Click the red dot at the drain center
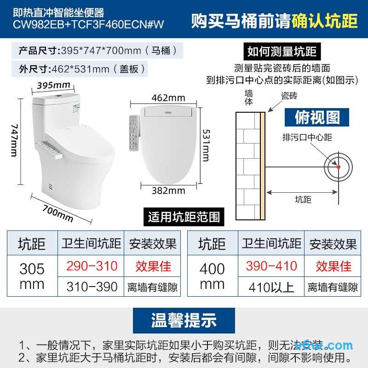tap(339, 167)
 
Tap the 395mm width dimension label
tap(54, 85)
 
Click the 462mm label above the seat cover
tap(168, 98)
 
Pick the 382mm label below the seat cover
tap(168, 190)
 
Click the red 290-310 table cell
tap(92, 266)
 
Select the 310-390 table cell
tap(92, 287)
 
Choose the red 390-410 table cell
tap(271, 266)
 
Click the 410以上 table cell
tap(271, 287)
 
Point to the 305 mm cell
tap(32, 276)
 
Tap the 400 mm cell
tap(212, 276)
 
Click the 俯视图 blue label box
tap(317, 117)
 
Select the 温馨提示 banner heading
tap(184, 321)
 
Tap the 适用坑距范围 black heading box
tap(184, 217)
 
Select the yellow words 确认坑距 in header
tap(325, 21)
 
